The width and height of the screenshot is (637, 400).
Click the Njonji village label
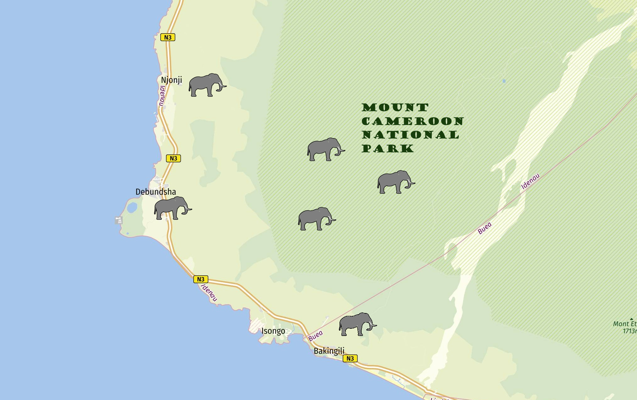tap(171, 80)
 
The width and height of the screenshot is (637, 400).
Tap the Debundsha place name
tap(156, 192)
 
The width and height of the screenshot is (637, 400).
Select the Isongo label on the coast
tap(273, 331)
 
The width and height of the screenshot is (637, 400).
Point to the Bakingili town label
tap(329, 351)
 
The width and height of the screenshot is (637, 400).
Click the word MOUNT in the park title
tap(395, 107)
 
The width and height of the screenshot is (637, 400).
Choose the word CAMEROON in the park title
tap(413, 121)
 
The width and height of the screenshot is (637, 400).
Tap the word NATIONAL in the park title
tap(411, 135)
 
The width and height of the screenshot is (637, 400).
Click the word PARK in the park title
tap(388, 149)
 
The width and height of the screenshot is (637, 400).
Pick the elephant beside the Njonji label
tap(207, 85)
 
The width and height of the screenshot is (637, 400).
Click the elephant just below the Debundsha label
tap(172, 208)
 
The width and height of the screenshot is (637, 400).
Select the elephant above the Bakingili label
tap(357, 324)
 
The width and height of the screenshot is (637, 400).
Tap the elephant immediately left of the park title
tap(325, 149)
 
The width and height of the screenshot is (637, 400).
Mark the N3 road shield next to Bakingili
tap(350, 358)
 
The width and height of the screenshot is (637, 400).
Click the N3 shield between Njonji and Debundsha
tap(173, 158)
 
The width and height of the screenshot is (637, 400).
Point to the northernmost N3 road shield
tap(168, 37)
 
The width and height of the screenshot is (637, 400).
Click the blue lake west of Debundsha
tap(132, 207)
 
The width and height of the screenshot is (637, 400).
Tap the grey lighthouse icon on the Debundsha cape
tap(119, 220)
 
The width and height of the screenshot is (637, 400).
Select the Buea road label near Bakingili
tap(315, 336)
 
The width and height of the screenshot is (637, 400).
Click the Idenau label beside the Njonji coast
tap(162, 96)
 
